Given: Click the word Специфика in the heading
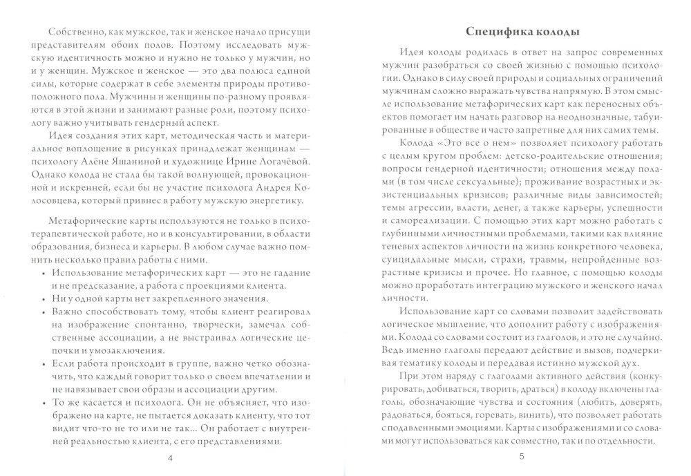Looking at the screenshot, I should pos(489,32).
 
